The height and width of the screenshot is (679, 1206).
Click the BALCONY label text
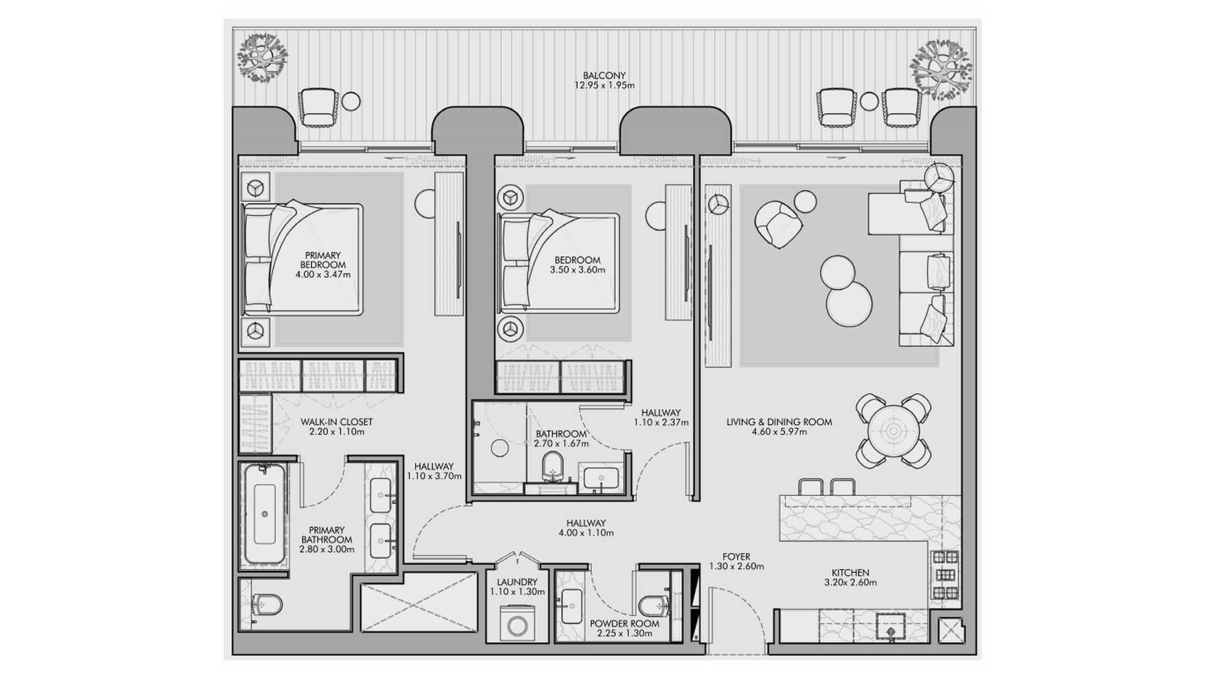coord(604,75)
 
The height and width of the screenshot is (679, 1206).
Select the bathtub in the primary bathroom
coord(264,515)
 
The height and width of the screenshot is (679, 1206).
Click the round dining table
coord(893,431)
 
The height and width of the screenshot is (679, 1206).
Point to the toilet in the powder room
coord(653,605)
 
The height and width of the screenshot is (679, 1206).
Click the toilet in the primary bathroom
coord(266,605)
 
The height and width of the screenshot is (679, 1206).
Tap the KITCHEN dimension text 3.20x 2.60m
coord(850,583)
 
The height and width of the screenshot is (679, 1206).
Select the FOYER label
coord(736,556)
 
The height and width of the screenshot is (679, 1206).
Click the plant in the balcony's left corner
coord(262,57)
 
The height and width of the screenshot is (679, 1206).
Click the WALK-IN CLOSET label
coord(337,422)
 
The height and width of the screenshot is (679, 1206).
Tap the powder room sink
coord(572,606)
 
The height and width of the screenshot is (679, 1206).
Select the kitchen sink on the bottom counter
coord(891,627)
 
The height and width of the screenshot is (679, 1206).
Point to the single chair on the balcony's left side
coord(318,108)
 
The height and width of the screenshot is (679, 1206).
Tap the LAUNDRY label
coord(517,582)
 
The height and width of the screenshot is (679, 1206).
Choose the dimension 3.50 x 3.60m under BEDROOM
coord(577,270)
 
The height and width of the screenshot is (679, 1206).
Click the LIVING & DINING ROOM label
coord(779,422)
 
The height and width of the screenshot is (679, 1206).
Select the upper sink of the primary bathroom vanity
coord(381,495)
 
